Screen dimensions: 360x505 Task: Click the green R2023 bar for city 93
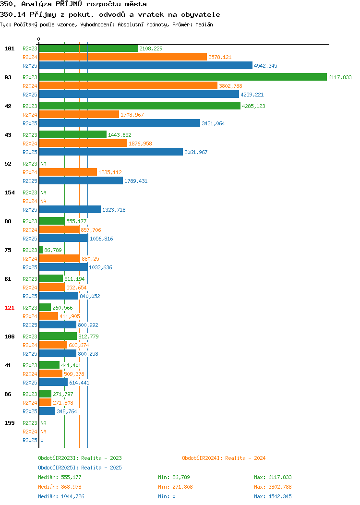click(x=183, y=77)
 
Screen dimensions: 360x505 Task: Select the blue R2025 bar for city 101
click(x=146, y=65)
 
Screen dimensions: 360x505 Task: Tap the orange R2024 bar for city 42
click(x=79, y=114)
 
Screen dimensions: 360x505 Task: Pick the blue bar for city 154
click(x=70, y=209)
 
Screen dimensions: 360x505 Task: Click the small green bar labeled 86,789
click(x=41, y=250)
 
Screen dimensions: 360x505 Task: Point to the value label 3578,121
click(x=220, y=57)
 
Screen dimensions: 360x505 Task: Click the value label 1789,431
click(x=136, y=181)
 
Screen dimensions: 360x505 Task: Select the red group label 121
click(x=9, y=308)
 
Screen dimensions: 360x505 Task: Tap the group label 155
click(x=9, y=423)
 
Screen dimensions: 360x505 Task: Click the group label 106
click(x=9, y=337)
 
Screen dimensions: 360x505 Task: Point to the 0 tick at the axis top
click(x=39, y=39)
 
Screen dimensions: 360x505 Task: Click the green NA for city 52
click(x=44, y=164)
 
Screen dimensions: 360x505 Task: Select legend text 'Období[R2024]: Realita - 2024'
click(x=224, y=458)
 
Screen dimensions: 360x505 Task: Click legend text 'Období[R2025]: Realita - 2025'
click(x=80, y=468)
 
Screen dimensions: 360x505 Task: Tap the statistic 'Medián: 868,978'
click(x=60, y=487)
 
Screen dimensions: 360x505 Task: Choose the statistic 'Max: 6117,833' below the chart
click(x=273, y=477)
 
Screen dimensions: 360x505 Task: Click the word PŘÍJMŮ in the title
click(x=69, y=4)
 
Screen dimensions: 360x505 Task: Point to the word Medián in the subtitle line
click(x=204, y=24)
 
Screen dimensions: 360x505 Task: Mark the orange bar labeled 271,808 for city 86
click(x=46, y=402)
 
